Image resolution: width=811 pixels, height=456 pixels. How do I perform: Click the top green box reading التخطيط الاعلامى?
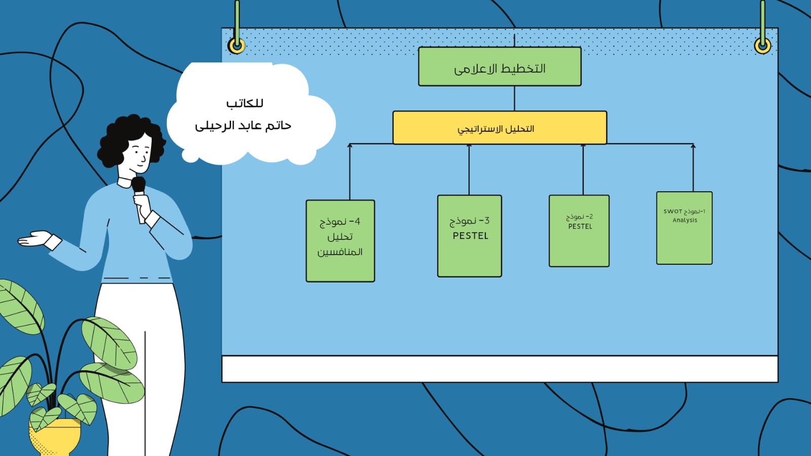[x=500, y=67]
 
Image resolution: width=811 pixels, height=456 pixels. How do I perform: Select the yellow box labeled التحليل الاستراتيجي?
[x=500, y=128]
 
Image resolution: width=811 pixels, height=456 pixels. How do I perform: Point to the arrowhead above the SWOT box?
[x=693, y=146]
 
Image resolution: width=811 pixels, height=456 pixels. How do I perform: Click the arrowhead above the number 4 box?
[x=349, y=146]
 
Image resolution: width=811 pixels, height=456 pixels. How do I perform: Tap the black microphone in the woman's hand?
[x=138, y=184]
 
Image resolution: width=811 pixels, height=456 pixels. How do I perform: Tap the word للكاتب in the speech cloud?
[x=244, y=103]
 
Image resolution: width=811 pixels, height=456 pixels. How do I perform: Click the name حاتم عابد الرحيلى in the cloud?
[x=243, y=125]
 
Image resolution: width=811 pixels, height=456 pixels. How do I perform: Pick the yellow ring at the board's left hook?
[x=236, y=46]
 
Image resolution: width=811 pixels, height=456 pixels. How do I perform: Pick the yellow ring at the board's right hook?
[x=762, y=46]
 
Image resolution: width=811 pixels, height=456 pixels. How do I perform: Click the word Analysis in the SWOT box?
[x=685, y=220]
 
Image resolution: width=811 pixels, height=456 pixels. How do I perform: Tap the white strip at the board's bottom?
[x=500, y=369]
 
